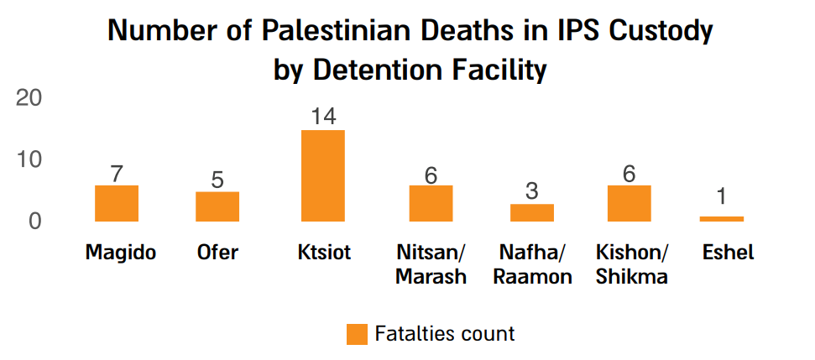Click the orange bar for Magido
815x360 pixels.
point(117,203)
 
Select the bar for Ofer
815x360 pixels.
point(217,206)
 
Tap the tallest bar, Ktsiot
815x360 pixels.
point(322,175)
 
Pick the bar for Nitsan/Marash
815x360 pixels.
point(431,203)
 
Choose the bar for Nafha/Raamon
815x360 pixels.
point(532,212)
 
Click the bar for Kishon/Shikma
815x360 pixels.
point(630,203)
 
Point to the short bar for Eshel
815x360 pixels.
point(721,218)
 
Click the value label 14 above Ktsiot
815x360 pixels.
point(322,117)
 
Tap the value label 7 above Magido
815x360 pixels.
point(117,174)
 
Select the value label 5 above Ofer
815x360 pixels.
point(217,180)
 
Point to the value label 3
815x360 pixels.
point(532,191)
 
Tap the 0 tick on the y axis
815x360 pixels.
point(35,222)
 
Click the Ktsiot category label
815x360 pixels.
point(323,253)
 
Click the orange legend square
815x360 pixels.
point(357,334)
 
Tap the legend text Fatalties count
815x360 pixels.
point(445,333)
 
